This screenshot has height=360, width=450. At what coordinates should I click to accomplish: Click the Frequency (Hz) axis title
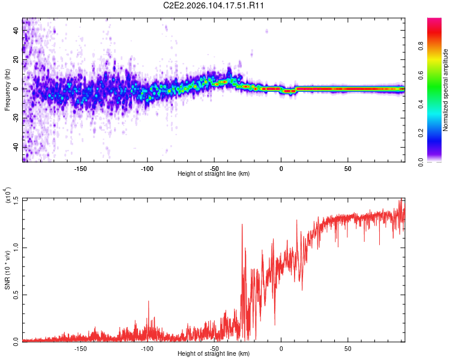(x=7, y=89)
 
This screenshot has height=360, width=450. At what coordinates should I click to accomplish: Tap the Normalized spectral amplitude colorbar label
(x=445, y=90)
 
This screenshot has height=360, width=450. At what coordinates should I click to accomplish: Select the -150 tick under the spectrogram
(x=80, y=169)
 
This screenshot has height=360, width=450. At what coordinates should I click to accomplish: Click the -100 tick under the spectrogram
(x=147, y=169)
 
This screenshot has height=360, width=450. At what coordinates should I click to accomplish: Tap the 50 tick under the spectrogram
(x=347, y=169)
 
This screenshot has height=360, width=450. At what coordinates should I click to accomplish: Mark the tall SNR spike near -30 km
(x=242, y=225)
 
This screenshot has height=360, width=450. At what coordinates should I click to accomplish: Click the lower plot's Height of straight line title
(x=214, y=354)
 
